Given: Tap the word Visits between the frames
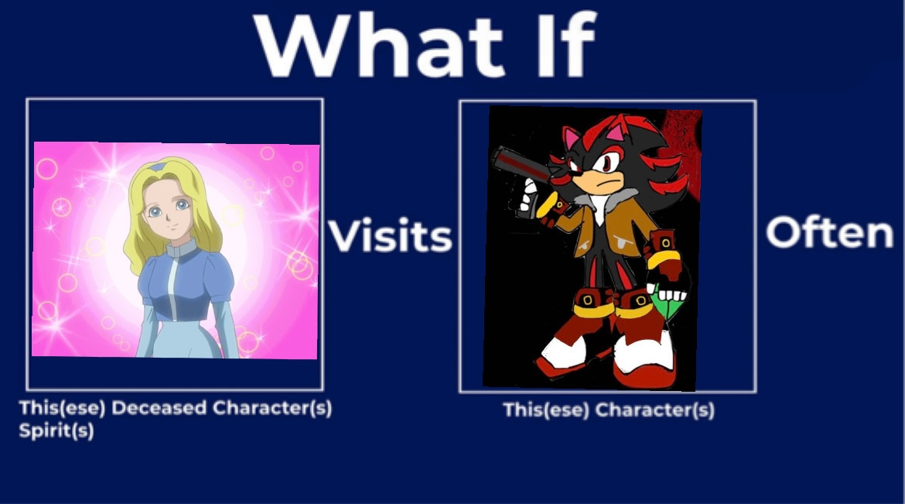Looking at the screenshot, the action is pyautogui.click(x=390, y=236).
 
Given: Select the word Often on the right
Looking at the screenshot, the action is pyautogui.click(x=829, y=232).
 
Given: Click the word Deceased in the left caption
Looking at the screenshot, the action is pyautogui.click(x=159, y=408).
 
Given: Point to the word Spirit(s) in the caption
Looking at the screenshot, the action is pyautogui.click(x=56, y=430).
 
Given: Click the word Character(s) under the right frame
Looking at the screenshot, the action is pyautogui.click(x=654, y=410).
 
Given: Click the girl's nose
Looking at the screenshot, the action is pyautogui.click(x=167, y=218).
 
